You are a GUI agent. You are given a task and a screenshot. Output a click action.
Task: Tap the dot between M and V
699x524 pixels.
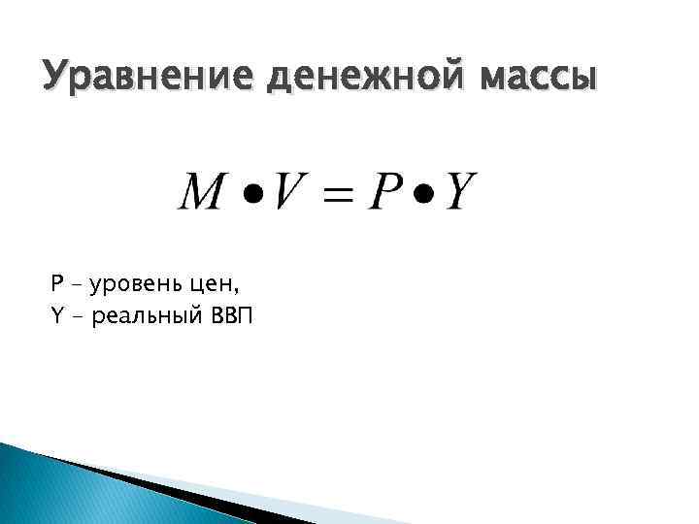(250, 192)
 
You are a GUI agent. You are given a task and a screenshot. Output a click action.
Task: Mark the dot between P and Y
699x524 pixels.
(424, 192)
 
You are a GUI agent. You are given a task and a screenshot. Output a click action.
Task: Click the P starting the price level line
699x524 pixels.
(56, 284)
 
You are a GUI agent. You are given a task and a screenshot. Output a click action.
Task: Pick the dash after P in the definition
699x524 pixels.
(78, 285)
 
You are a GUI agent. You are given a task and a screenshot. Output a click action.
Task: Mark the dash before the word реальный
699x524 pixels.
(78, 316)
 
